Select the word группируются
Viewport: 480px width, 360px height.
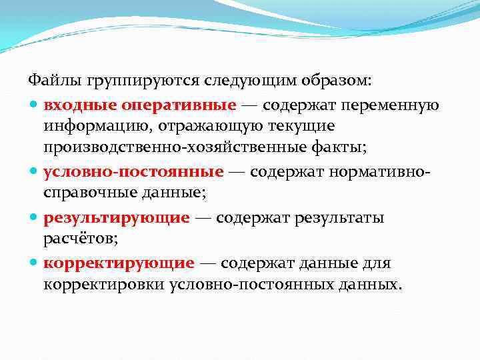tap(125, 81)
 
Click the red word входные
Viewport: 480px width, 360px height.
tap(73, 105)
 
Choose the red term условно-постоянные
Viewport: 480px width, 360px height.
tap(133, 171)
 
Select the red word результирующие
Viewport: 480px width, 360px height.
tap(117, 217)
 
